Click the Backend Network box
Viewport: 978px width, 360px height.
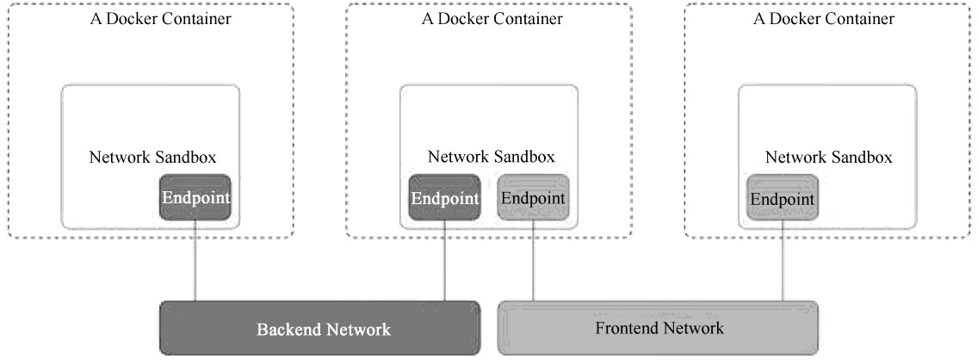pos(319,328)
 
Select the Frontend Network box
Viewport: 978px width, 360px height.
pos(659,327)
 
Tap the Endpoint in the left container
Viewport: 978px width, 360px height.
pos(195,197)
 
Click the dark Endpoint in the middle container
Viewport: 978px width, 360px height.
pos(444,197)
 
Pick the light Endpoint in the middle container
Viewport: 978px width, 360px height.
pos(533,197)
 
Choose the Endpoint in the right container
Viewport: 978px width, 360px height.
pos(782,198)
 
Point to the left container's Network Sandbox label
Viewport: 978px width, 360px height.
pos(152,157)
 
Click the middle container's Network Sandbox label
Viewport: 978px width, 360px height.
pos(491,157)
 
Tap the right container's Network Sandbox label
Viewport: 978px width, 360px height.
pos(828,157)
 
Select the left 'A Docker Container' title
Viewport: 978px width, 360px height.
pos(161,19)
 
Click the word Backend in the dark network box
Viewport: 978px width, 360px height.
pos(287,329)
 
